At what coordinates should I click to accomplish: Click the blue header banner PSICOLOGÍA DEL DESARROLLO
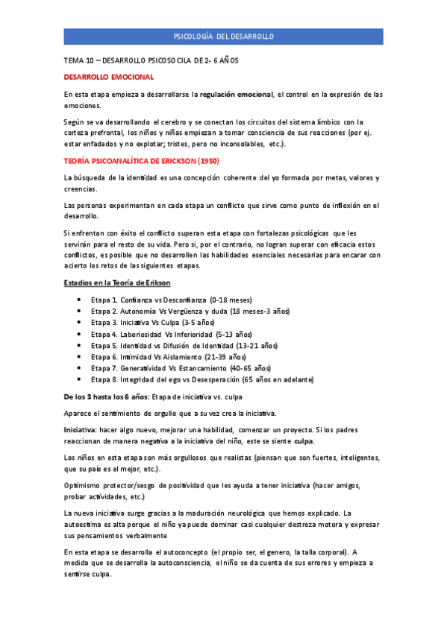[223, 36]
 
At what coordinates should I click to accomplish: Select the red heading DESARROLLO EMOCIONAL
[109, 77]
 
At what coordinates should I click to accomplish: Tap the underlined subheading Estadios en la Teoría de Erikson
[117, 282]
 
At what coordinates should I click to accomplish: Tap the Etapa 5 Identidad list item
[184, 346]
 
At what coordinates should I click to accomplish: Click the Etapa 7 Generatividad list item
[181, 369]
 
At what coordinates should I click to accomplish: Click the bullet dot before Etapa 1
[79, 299]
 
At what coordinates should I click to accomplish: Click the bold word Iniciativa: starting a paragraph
[83, 430]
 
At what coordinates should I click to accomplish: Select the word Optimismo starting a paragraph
[84, 485]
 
